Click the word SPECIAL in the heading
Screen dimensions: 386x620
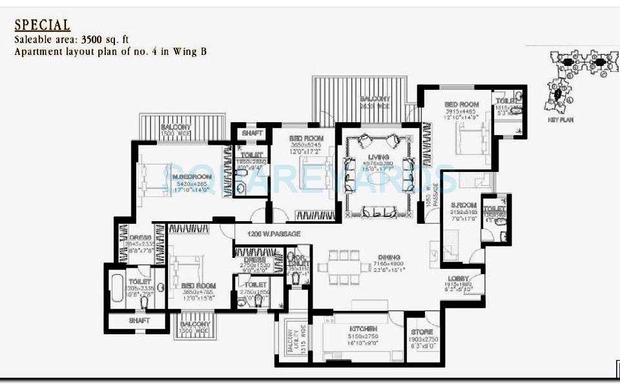click(x=42, y=25)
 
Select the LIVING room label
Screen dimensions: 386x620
click(x=378, y=157)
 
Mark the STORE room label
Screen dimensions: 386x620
click(x=422, y=332)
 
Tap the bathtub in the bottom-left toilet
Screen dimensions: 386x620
click(x=118, y=288)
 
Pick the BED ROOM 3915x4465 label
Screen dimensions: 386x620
click(x=461, y=104)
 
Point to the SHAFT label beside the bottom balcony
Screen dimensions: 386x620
click(x=139, y=321)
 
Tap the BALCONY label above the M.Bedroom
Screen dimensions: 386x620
click(x=175, y=127)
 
